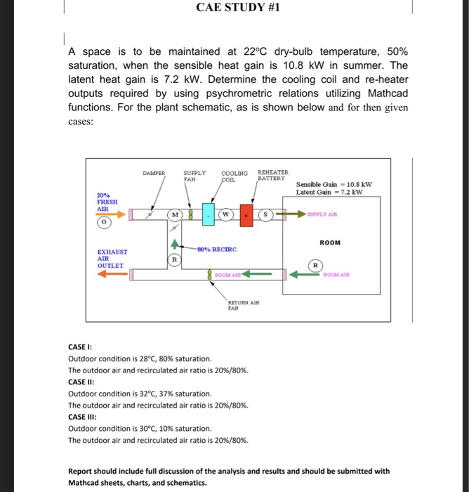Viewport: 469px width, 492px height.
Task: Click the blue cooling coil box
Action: (x=209, y=214)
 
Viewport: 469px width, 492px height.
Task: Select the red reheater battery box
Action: (x=246, y=214)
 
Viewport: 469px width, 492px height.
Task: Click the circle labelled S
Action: (x=266, y=214)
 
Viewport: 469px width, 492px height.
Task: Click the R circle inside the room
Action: (x=317, y=266)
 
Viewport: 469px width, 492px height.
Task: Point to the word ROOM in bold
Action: (x=330, y=242)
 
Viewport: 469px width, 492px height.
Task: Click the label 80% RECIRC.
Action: (x=218, y=249)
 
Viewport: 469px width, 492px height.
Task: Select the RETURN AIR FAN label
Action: (x=244, y=304)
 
